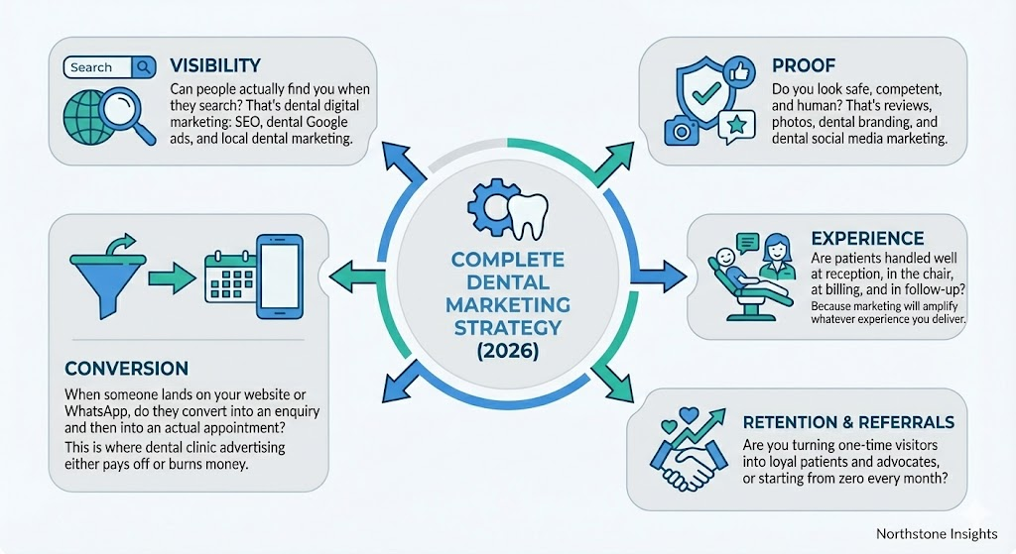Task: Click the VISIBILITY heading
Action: tap(215, 65)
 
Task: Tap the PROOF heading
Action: tap(797, 65)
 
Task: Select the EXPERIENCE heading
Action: tap(867, 238)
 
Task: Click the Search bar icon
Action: tap(110, 67)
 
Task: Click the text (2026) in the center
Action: tap(507, 351)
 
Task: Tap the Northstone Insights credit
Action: tap(937, 533)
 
